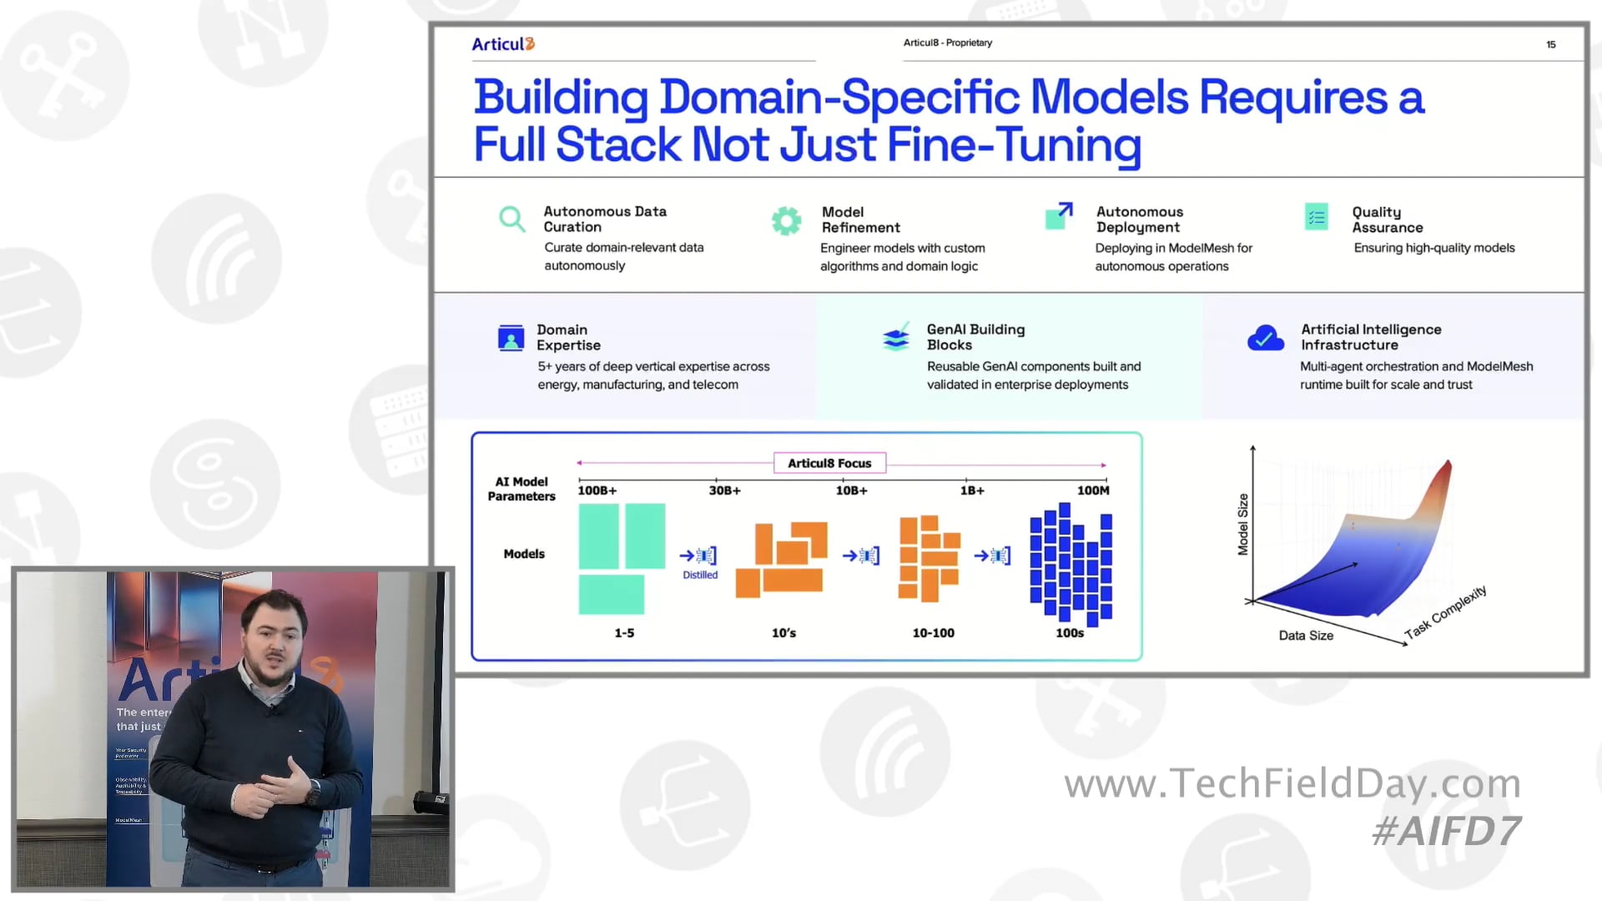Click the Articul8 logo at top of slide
(502, 44)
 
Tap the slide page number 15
(1550, 45)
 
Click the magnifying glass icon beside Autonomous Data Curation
(511, 219)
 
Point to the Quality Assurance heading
(1387, 219)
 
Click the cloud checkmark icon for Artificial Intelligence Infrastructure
(1265, 338)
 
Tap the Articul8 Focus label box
(829, 463)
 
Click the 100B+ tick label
(597, 491)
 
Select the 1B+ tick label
(972, 491)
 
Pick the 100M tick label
(1093, 491)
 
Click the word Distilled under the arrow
(700, 575)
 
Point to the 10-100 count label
(933, 633)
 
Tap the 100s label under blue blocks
(1070, 633)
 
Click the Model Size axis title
(1243, 524)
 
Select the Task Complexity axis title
(1445, 612)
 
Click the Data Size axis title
(1306, 636)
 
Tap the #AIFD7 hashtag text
(1446, 831)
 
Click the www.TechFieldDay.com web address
(1292, 783)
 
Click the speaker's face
(274, 642)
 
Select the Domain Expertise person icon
(511, 338)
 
